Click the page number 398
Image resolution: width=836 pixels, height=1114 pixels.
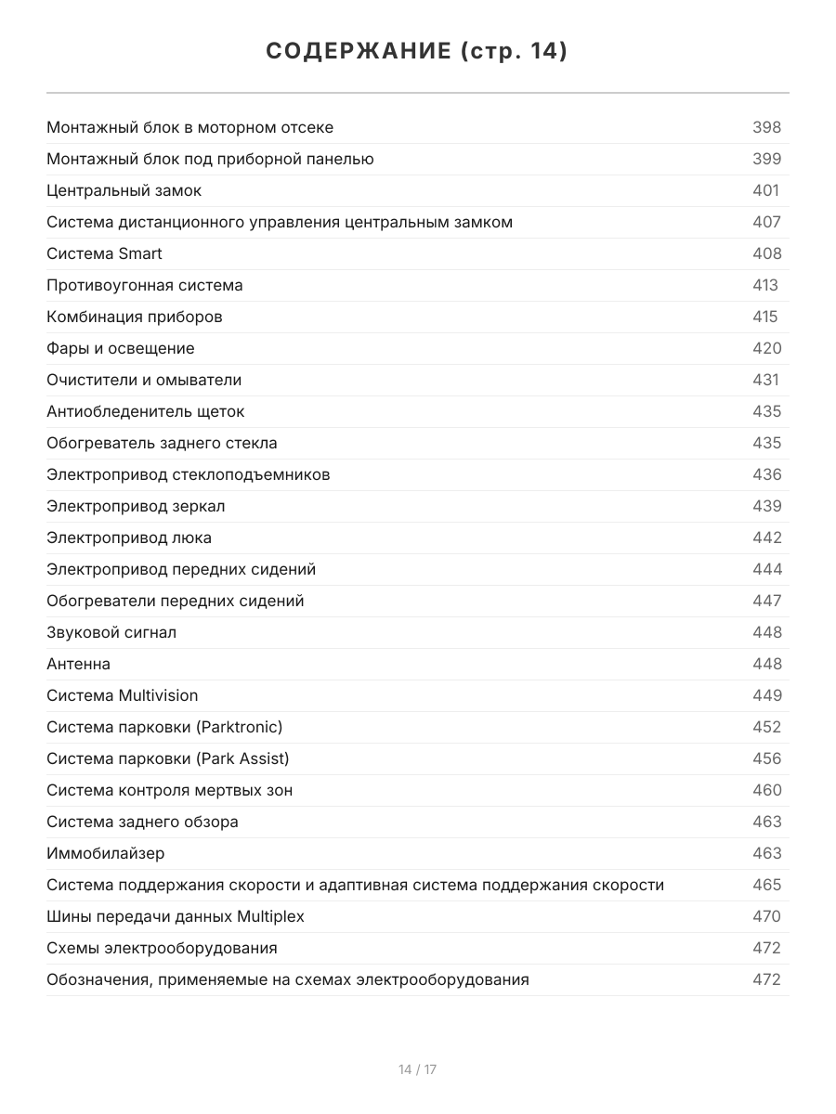tap(766, 127)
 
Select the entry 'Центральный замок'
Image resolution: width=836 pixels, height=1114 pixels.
tap(124, 190)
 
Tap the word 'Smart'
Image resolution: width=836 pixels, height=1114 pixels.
tap(140, 253)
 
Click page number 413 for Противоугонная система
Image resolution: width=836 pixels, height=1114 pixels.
tap(764, 285)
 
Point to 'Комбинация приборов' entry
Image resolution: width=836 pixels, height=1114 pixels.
tap(135, 317)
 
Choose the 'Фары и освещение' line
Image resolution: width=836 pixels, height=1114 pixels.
tap(121, 348)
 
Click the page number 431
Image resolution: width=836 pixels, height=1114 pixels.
tap(765, 380)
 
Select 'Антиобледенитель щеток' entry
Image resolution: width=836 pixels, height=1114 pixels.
tap(146, 411)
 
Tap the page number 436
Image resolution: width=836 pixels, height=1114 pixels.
tap(766, 474)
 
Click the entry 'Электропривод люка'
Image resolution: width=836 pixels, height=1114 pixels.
tap(129, 538)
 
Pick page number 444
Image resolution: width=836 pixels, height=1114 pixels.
tap(766, 569)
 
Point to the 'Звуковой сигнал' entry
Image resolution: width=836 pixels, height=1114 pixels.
tap(111, 632)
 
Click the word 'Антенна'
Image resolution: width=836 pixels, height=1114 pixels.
tap(78, 664)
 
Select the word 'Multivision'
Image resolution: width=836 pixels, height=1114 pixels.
tap(158, 695)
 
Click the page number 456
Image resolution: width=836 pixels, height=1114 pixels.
tap(766, 758)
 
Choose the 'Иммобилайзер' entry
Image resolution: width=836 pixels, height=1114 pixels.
tap(106, 853)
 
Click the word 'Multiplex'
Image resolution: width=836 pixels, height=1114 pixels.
tap(270, 916)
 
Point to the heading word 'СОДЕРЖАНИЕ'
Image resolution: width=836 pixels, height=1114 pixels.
tap(359, 51)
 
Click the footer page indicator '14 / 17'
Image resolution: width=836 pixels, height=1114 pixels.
tap(417, 1069)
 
